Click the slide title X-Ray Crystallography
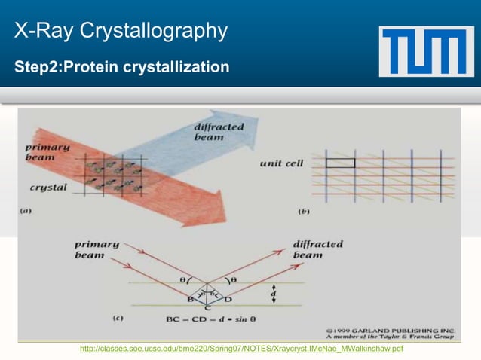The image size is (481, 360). [x=121, y=32]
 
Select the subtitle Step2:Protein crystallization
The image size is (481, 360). [x=121, y=67]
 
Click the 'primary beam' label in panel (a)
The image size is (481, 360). [x=47, y=152]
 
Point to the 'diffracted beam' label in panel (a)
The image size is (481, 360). [x=219, y=132]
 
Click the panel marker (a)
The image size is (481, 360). [x=26, y=212]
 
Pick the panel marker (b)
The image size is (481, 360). [x=304, y=212]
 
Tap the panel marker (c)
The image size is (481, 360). [x=118, y=319]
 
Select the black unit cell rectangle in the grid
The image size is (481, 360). [x=340, y=162]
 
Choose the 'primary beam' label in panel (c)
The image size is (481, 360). [x=97, y=249]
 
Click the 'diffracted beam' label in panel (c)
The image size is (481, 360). [x=317, y=249]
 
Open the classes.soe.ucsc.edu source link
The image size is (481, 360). [x=241, y=349]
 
